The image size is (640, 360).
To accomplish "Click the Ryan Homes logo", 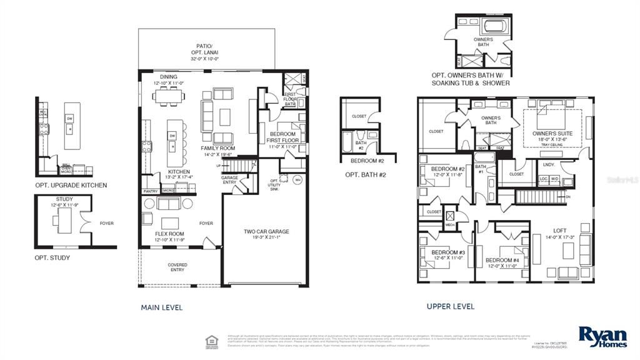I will pyautogui.click(x=602, y=337).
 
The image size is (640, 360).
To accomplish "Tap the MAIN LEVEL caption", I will pyautogui.click(x=162, y=307).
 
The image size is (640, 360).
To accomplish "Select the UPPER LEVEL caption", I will pyautogui.click(x=450, y=306).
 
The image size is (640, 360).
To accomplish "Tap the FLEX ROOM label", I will pyautogui.click(x=169, y=236).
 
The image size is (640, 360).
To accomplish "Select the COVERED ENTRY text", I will pyautogui.click(x=177, y=267).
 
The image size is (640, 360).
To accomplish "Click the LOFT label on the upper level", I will pyautogui.click(x=559, y=234).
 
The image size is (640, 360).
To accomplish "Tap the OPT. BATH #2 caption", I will pyautogui.click(x=366, y=174).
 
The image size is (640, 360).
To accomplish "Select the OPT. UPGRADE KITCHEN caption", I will pyautogui.click(x=71, y=185).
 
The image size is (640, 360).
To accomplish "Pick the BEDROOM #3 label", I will pyautogui.click(x=448, y=256).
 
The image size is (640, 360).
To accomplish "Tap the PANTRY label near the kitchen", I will pyautogui.click(x=151, y=191).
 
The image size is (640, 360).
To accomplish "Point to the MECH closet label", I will pyautogui.click(x=450, y=225).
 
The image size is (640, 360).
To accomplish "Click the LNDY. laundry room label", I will pyautogui.click(x=549, y=165).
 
